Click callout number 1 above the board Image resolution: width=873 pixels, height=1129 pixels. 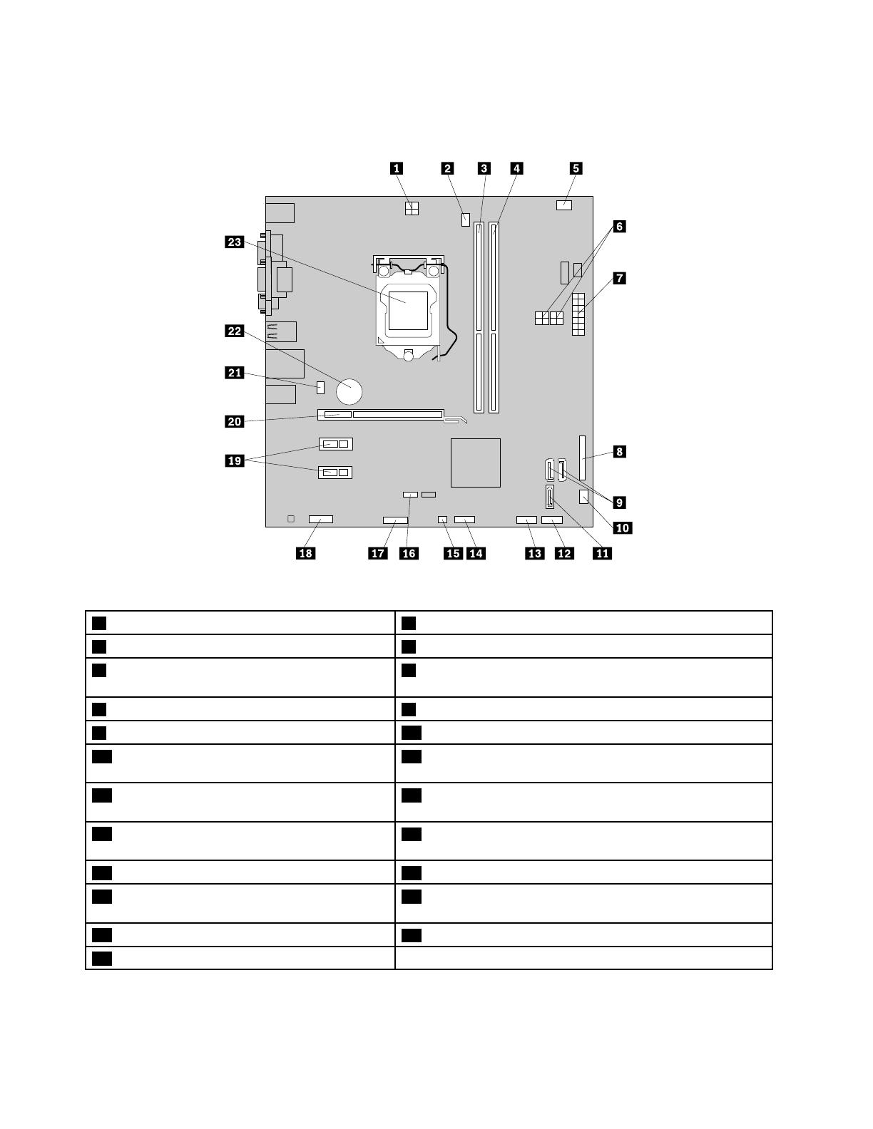pyautogui.click(x=394, y=168)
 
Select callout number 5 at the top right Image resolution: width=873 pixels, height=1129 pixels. pyautogui.click(x=575, y=168)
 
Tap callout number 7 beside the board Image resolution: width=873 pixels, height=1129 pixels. pyautogui.click(x=618, y=278)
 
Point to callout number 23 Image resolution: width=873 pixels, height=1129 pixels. pyautogui.click(x=235, y=242)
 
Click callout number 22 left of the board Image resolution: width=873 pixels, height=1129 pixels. pyautogui.click(x=235, y=331)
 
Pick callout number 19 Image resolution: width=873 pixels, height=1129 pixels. pyautogui.click(x=235, y=460)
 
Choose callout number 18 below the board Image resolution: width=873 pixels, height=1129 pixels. pyautogui.click(x=305, y=553)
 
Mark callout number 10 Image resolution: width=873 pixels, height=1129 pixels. pyautogui.click(x=622, y=527)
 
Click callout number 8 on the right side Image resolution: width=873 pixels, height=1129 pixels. pyautogui.click(x=619, y=451)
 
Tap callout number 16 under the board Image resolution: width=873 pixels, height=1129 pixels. pyautogui.click(x=409, y=553)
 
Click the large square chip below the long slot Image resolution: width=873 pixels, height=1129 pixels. pyautogui.click(x=476, y=463)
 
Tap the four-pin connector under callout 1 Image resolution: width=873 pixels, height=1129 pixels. pyautogui.click(x=412, y=208)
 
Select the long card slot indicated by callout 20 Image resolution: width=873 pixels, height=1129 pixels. pyautogui.click(x=382, y=414)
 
